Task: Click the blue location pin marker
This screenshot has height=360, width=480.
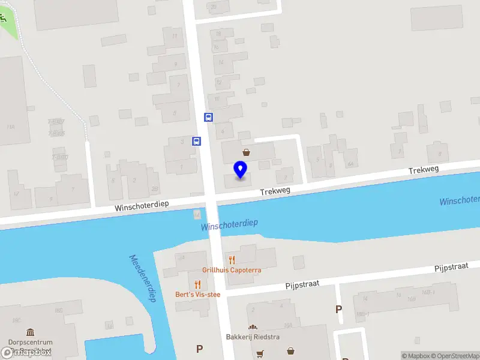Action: (x=241, y=170)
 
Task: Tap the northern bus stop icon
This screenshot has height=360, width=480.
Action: (x=208, y=117)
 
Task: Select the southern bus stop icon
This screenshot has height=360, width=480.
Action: (x=196, y=142)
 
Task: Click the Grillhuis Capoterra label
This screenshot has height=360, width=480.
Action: (x=232, y=270)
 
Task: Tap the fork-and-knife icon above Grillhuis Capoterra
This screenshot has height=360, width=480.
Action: (x=232, y=260)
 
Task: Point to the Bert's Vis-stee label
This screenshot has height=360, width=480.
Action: (x=197, y=295)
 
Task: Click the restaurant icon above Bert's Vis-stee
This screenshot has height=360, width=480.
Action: (x=197, y=284)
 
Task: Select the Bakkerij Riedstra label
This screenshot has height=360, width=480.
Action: (x=253, y=337)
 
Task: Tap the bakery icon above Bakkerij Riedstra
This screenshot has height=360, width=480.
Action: (x=253, y=327)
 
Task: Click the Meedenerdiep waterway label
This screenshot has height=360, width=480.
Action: (x=142, y=278)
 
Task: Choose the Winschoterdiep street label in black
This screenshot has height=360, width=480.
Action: (x=142, y=205)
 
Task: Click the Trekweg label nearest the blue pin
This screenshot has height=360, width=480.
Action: (x=275, y=191)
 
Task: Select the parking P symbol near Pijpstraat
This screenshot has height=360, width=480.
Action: (x=339, y=310)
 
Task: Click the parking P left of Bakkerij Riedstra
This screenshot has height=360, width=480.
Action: (x=200, y=349)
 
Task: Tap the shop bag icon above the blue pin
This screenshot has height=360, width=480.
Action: (x=246, y=152)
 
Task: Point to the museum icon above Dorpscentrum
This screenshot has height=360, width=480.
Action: (x=31, y=332)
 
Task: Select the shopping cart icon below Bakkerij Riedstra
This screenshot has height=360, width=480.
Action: (x=260, y=353)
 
